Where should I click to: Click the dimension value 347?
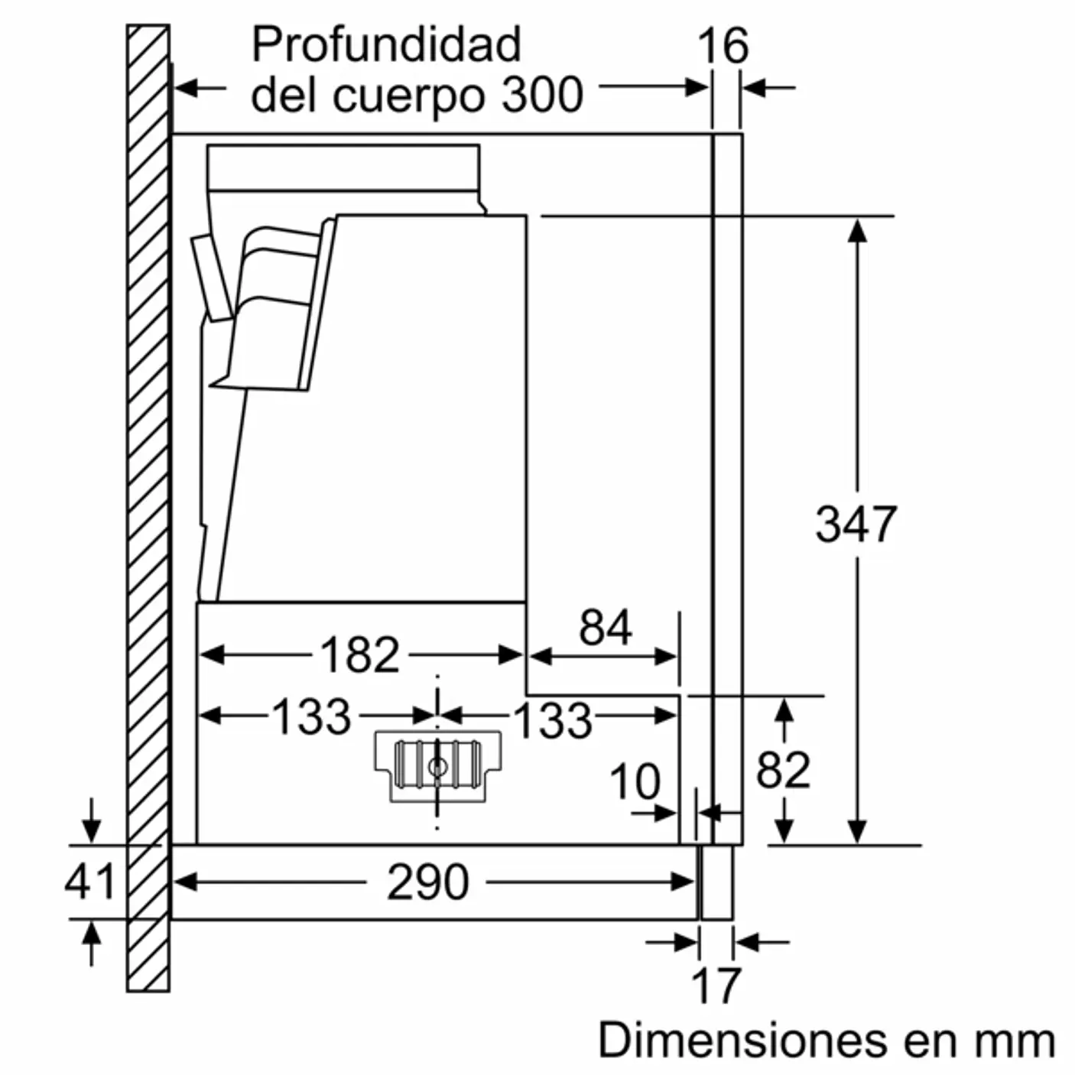click(856, 525)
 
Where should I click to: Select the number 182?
click(359, 655)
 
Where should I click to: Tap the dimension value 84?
click(605, 628)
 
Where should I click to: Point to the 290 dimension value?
click(427, 882)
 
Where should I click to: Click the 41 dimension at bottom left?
click(89, 882)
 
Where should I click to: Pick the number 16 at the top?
click(723, 47)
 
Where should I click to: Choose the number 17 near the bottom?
click(716, 986)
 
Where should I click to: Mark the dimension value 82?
click(783, 771)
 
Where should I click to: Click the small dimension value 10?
click(635, 782)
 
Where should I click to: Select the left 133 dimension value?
click(311, 717)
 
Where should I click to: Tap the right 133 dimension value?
click(552, 720)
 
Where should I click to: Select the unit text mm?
click(1014, 1041)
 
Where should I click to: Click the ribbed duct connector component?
click(437, 765)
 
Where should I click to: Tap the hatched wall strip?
click(148, 505)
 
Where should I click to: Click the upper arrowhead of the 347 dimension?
click(857, 230)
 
